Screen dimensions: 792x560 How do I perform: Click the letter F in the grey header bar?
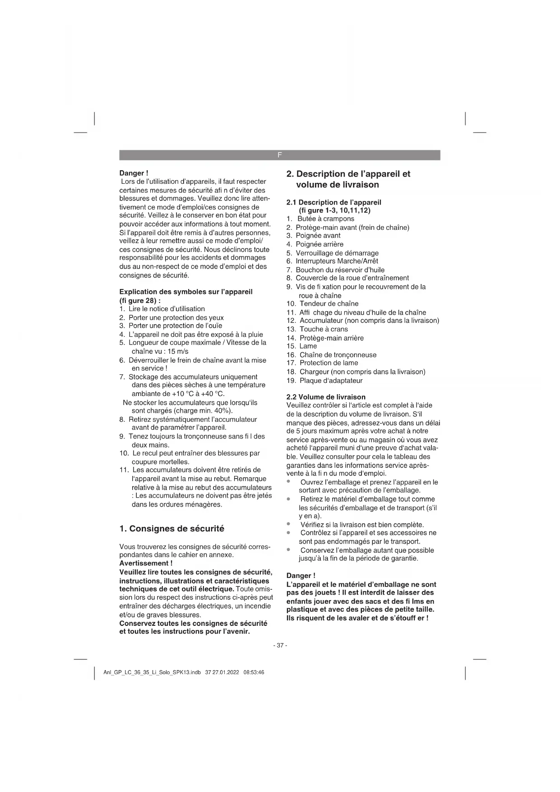[x=279, y=155]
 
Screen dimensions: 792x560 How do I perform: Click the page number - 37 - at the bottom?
[x=280, y=645]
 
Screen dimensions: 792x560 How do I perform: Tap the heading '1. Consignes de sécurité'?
[x=171, y=529]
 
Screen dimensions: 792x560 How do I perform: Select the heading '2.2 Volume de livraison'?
[x=326, y=397]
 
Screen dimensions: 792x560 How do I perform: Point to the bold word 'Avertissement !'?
[x=146, y=563]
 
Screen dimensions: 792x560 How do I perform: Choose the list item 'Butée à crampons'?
[x=325, y=219]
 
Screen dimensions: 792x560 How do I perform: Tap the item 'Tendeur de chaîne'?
[x=329, y=304]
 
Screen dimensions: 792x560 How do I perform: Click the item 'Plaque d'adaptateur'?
[x=331, y=381]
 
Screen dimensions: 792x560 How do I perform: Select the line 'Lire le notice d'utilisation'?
[x=166, y=309]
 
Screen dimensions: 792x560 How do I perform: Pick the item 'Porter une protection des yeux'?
[x=176, y=317]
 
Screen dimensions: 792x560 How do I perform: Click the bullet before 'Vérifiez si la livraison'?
[x=288, y=524]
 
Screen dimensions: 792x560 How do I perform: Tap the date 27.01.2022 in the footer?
[x=227, y=672]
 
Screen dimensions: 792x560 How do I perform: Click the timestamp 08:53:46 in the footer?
[x=254, y=672]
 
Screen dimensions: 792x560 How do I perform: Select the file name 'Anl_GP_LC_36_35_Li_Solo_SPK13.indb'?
[x=152, y=672]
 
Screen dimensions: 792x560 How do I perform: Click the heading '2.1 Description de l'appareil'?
[x=333, y=202]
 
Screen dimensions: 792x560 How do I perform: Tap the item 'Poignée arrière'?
[x=319, y=244]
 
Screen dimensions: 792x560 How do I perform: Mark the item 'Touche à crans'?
[x=323, y=329]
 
